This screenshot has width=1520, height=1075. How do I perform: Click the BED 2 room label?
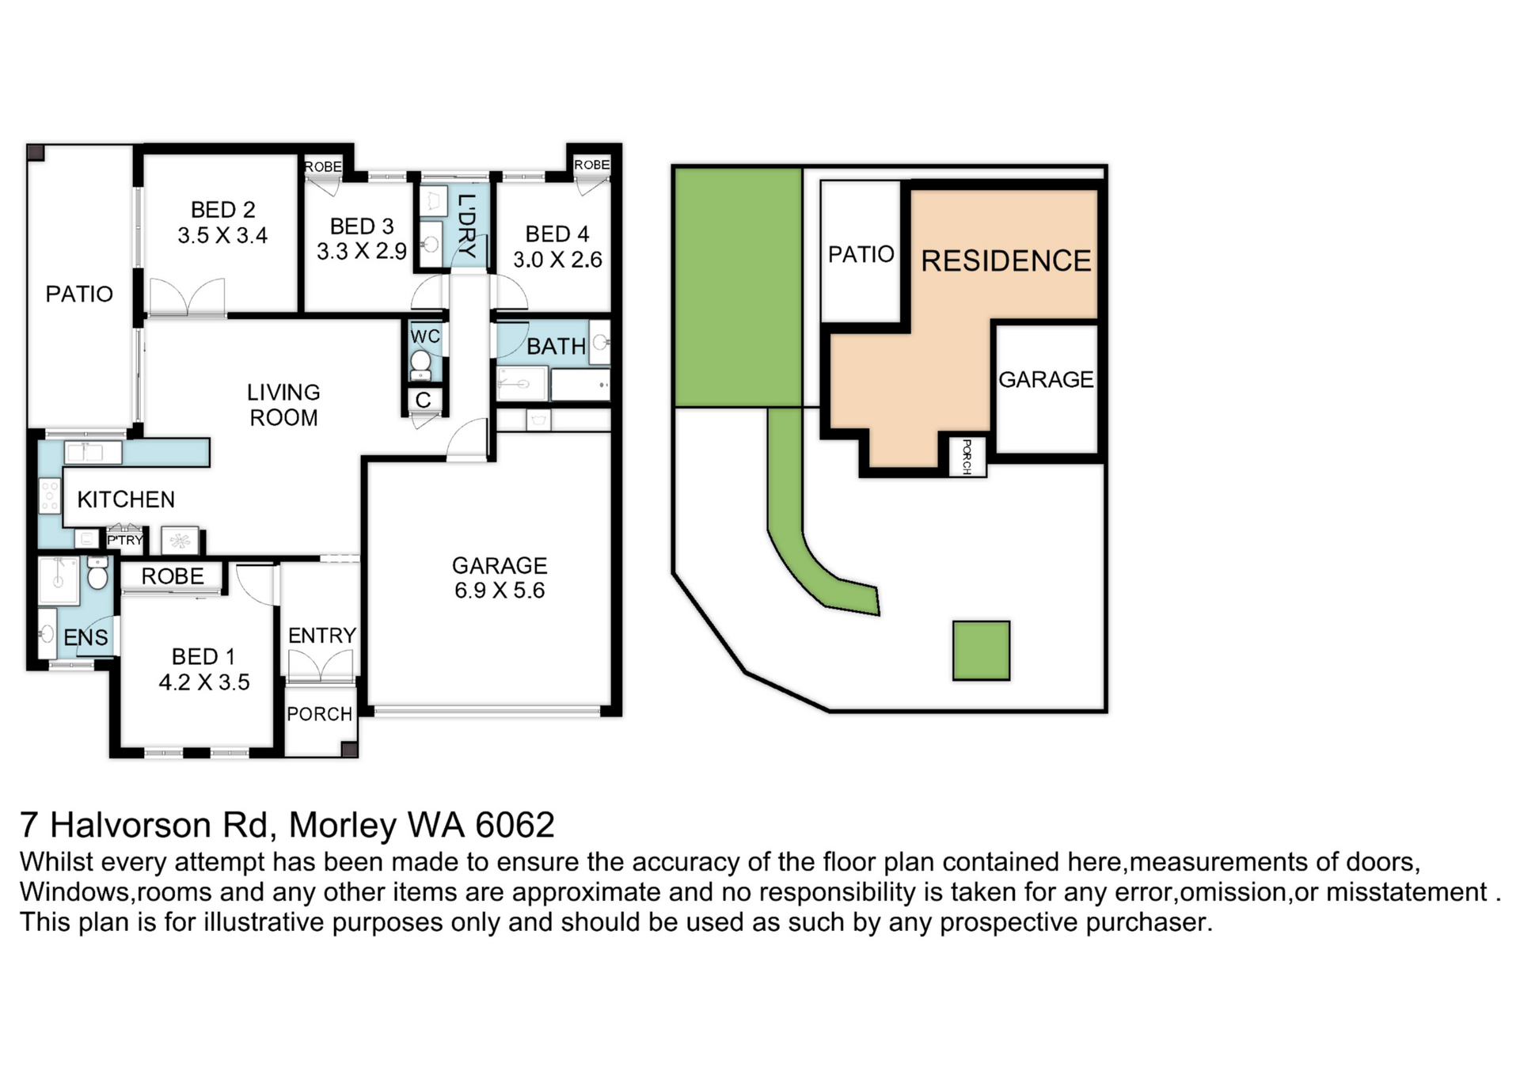pos(223,210)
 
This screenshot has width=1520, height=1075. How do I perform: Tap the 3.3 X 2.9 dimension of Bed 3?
pos(362,252)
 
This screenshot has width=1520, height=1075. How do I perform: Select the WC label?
pos(425,336)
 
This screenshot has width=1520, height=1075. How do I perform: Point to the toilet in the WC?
pos(420,365)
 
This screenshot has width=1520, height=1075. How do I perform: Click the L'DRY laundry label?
pos(467,226)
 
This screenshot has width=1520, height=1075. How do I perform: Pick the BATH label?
pos(557,347)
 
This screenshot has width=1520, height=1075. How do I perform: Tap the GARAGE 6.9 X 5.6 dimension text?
pos(500,591)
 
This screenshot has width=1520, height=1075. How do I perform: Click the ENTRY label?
pos(321,636)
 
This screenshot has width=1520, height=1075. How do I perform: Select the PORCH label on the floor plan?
pos(319,714)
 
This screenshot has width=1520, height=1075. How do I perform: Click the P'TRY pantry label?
pos(125,541)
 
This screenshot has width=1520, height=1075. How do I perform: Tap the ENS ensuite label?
pos(85,638)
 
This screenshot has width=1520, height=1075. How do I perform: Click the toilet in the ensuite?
pos(97,573)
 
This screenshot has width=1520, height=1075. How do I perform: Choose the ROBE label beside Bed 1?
pos(173,576)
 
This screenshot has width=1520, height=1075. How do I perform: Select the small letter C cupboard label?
pos(424,401)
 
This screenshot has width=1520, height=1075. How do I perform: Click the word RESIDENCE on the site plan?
pos(1006,261)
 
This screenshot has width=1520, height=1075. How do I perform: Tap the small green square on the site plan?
pos(981,651)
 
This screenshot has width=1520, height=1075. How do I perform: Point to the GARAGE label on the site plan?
pos(1046,380)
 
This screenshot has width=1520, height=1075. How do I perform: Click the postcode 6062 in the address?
pos(515,826)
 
